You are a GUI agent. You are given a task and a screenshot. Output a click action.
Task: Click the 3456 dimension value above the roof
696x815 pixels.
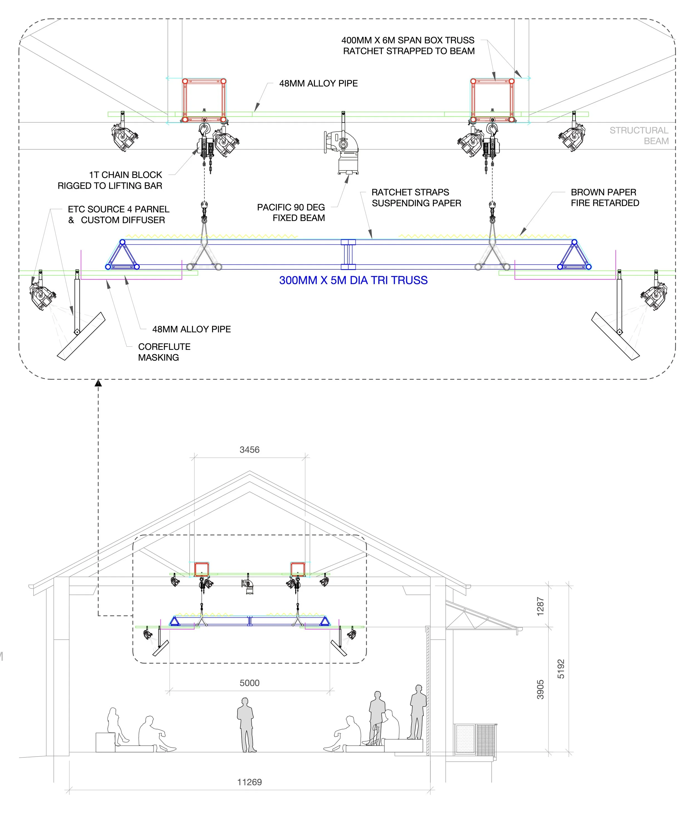click(249, 450)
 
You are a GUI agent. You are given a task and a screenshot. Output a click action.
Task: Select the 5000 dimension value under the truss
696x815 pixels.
click(249, 683)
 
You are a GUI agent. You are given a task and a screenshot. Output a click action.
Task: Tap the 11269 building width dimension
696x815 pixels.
click(249, 782)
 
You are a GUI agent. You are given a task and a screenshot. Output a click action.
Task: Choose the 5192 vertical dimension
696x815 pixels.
click(561, 669)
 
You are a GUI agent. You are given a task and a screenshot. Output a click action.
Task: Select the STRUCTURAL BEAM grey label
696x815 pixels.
click(639, 136)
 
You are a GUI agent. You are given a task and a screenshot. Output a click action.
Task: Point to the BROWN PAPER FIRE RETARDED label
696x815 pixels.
click(605, 197)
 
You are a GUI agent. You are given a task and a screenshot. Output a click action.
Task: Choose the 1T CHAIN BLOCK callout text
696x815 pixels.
click(110, 180)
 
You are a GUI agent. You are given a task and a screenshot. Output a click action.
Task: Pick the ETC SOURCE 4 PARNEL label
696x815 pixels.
click(118, 214)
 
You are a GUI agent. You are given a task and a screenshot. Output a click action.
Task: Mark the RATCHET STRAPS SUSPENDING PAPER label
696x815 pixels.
click(416, 197)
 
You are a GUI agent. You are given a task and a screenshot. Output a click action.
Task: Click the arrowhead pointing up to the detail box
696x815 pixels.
click(98, 383)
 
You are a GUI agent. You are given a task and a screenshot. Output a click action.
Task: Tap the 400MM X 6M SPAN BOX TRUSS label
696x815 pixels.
click(408, 46)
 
